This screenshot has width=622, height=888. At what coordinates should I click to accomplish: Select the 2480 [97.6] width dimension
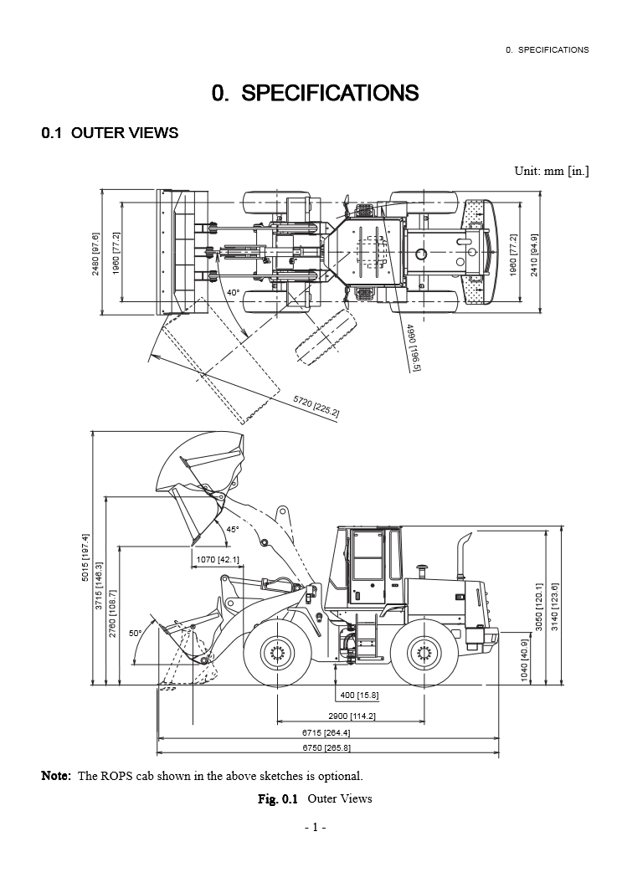96,253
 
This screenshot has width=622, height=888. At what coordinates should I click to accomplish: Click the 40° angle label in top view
233,293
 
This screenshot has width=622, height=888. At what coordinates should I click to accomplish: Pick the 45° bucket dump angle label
232,529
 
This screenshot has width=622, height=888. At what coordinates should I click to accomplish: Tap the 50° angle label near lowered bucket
135,634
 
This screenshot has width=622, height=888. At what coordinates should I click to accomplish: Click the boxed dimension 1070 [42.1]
218,559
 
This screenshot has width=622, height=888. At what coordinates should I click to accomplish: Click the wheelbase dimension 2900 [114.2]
352,716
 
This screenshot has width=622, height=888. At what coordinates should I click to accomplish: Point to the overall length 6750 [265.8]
326,747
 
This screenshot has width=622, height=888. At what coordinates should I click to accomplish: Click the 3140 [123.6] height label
554,606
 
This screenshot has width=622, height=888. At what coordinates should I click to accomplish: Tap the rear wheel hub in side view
421,652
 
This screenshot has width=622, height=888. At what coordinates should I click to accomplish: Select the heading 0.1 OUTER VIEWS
110,133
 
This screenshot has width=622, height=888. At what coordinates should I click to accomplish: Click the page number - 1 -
315,828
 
